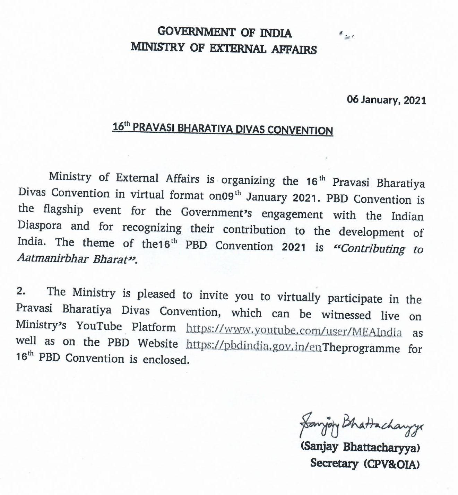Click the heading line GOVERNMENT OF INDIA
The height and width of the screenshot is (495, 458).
pos(224,32)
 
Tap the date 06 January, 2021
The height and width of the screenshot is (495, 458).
pos(386,100)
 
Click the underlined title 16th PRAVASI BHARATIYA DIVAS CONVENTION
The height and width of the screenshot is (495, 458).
pos(223,129)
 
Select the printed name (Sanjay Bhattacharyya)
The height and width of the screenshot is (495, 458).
pos(360,447)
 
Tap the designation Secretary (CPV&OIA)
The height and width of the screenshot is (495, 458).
pos(365,463)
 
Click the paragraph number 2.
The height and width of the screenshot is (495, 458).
pos(21,291)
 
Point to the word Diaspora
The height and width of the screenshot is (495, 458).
pos(40,226)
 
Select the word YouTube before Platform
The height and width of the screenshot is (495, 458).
pos(99,326)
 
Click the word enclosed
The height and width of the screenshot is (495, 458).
pos(166,360)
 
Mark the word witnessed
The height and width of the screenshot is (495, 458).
pos(346,315)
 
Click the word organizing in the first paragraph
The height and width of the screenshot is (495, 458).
pos(248,180)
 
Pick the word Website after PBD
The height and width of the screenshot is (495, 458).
pos(158,343)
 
